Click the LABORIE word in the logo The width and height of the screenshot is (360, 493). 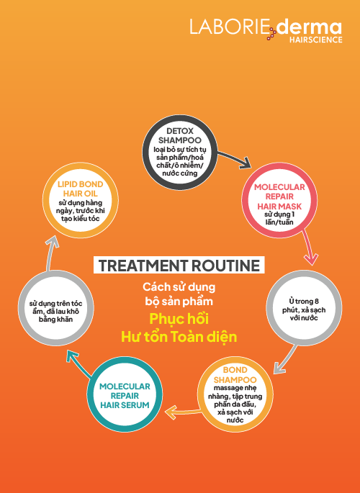(x=229, y=27)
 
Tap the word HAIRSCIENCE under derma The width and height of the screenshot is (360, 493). (x=315, y=40)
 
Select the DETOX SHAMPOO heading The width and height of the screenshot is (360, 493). (x=180, y=135)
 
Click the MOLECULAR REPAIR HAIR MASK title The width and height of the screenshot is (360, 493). (x=279, y=196)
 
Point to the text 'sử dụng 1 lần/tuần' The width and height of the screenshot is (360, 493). (x=279, y=218)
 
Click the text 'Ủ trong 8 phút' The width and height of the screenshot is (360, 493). (x=302, y=306)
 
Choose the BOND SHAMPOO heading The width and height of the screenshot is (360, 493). (x=235, y=375)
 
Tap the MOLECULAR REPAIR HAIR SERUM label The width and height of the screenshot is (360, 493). (x=125, y=396)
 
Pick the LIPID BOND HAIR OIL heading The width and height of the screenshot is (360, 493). (x=81, y=189)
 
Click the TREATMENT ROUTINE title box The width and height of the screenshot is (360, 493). (x=179, y=265)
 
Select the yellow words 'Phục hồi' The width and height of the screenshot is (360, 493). (x=179, y=319)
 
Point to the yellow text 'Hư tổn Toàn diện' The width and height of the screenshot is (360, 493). (x=179, y=336)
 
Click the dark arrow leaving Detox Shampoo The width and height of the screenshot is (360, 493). (x=234, y=158)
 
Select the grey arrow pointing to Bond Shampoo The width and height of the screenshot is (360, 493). (x=286, y=359)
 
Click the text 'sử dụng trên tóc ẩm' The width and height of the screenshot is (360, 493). (x=55, y=307)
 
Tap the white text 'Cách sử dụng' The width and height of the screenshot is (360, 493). (x=179, y=286)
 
